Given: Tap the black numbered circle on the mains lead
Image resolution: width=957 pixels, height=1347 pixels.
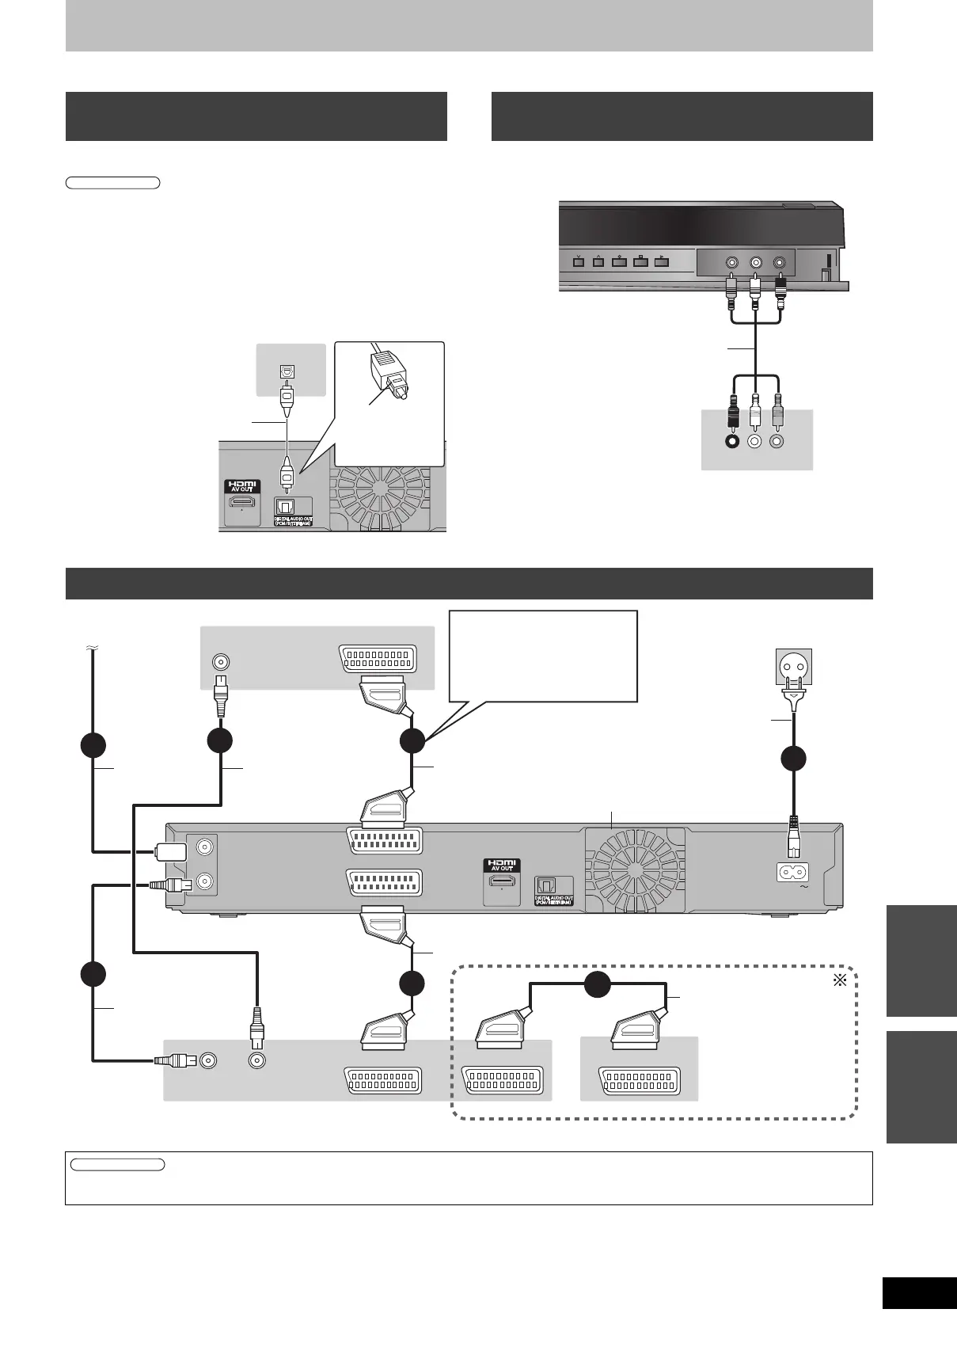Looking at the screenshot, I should coord(793,758).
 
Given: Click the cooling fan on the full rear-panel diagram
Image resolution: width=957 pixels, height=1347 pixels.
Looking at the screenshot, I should coord(634,867).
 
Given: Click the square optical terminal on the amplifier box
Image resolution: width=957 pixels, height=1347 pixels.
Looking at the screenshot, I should coord(287,371).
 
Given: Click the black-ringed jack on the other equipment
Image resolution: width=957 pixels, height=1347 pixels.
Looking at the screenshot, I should coord(732,442).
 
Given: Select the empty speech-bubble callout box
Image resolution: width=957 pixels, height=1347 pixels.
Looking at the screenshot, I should coord(543,655).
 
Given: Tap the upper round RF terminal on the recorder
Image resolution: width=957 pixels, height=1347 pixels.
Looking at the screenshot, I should coord(205,847).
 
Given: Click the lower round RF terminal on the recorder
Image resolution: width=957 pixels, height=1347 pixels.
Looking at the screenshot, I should coord(205,881).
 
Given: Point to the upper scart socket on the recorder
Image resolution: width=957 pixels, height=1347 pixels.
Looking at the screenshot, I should coord(384,840).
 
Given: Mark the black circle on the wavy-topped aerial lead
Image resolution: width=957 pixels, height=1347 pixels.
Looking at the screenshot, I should coord(93,745).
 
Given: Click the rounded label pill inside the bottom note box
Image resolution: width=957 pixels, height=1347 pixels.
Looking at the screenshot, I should coord(117,1165).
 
